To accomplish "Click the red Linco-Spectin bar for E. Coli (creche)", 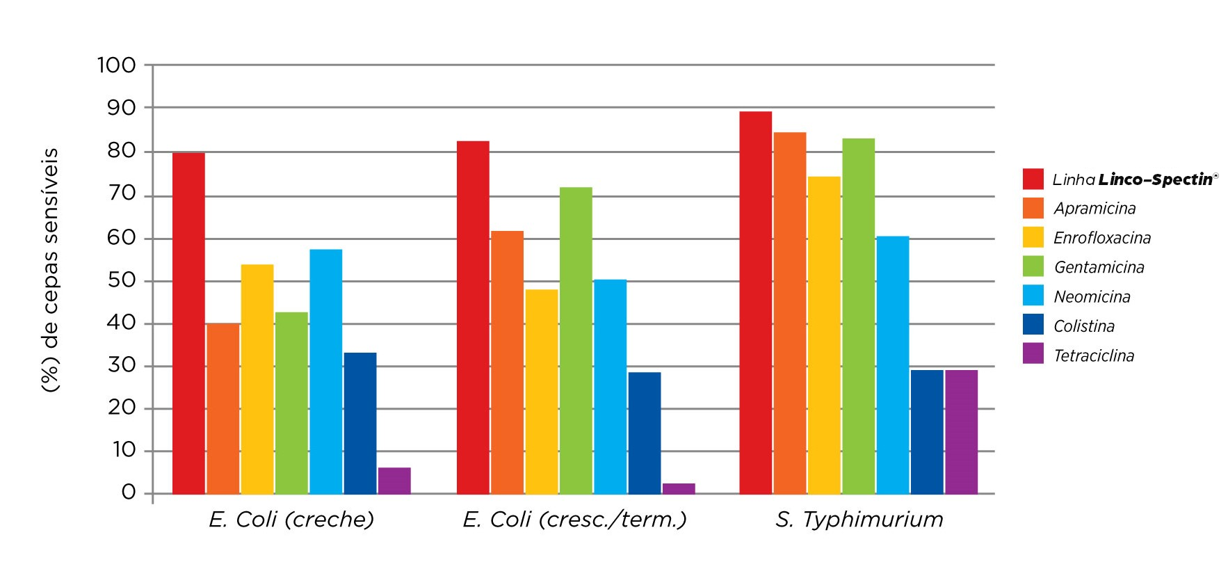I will [x=188, y=323].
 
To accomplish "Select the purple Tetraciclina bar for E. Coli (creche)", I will [x=394, y=481].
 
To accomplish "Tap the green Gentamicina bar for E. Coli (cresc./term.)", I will [x=576, y=341].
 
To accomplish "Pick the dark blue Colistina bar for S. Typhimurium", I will [x=927, y=432].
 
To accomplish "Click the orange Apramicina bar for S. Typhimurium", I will [x=790, y=313].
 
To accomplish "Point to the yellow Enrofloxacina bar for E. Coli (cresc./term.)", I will [x=542, y=392].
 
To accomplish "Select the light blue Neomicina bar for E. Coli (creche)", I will [x=326, y=371].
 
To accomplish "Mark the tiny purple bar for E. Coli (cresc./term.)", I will [x=679, y=488].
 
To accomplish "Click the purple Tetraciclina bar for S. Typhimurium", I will [x=961, y=432].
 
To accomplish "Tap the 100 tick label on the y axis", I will [x=116, y=65].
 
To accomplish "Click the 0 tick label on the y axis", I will [x=129, y=492].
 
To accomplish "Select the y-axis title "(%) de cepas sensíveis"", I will [x=51, y=270].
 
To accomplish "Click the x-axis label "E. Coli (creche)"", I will [x=291, y=520].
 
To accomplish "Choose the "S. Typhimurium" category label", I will [x=859, y=520].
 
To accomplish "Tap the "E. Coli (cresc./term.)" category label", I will [x=575, y=520].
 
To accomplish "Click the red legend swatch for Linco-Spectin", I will [x=1033, y=179].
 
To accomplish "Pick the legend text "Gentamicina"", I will [x=1099, y=267].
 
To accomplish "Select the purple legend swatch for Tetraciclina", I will [x=1033, y=354].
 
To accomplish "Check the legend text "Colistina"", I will [x=1084, y=326].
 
